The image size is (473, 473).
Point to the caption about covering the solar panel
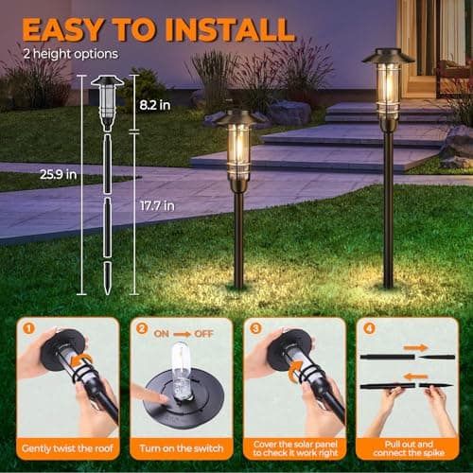(291, 447)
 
